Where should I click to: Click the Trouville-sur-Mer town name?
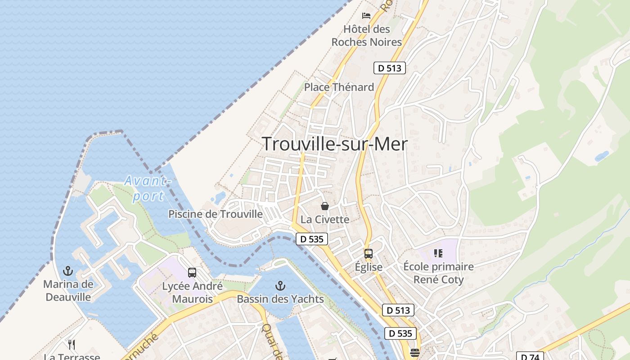click(x=335, y=144)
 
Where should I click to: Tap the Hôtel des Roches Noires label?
click(x=366, y=36)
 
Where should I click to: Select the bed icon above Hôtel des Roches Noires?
click(x=366, y=16)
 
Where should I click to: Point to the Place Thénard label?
click(x=339, y=87)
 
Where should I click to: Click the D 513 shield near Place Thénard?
click(x=390, y=68)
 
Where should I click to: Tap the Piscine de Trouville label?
click(x=216, y=214)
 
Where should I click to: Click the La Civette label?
click(x=325, y=220)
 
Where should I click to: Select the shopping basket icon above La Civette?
click(x=325, y=207)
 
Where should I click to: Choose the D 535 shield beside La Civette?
click(x=312, y=239)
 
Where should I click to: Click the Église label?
click(x=369, y=267)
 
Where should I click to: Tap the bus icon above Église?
click(x=369, y=254)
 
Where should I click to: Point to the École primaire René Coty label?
click(x=438, y=273)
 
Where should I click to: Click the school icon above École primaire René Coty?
click(x=438, y=253)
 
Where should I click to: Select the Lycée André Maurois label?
click(x=192, y=292)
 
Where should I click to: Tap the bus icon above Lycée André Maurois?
click(x=192, y=273)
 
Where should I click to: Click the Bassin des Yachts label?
click(x=280, y=299)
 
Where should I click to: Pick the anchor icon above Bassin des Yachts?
click(x=280, y=286)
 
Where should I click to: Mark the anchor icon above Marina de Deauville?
click(x=68, y=271)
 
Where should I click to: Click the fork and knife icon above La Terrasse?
click(x=72, y=345)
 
